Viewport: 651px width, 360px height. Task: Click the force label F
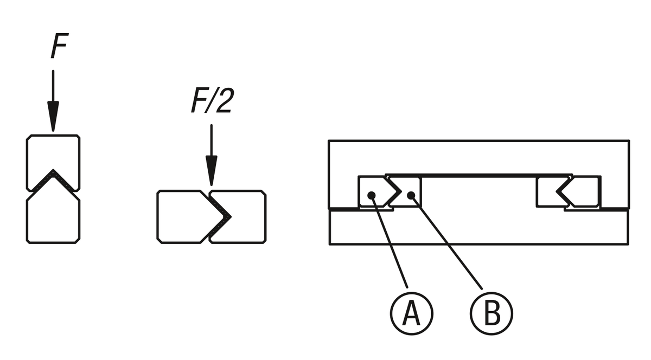59,48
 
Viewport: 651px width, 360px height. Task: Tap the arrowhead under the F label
53,120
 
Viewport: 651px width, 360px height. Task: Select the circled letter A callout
411,313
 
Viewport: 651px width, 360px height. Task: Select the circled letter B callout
491,313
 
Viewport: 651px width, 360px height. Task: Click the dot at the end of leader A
372,195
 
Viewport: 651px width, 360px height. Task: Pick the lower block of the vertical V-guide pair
53,220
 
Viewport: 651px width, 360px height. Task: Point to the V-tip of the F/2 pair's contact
229,216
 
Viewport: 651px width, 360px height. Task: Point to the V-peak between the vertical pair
53,172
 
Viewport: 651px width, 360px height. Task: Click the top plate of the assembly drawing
477,157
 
